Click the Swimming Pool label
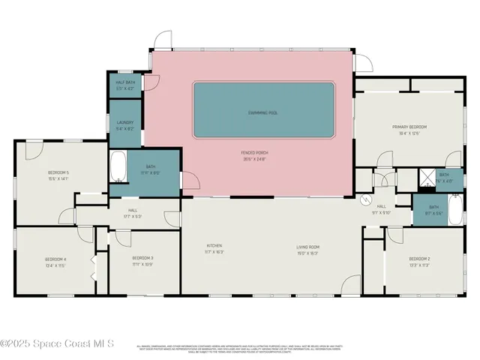263,112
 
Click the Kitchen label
214,245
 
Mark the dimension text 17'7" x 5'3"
132,216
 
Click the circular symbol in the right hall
366,199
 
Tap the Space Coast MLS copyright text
57,344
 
